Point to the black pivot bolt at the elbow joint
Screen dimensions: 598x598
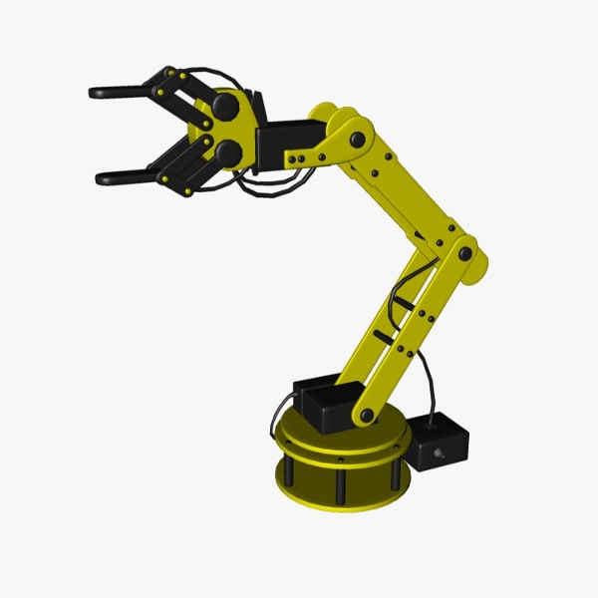pos(464,251)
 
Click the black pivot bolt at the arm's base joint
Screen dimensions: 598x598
pos(368,414)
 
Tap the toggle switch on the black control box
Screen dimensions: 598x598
pos(438,457)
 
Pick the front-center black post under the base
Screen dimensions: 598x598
pos(343,486)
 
